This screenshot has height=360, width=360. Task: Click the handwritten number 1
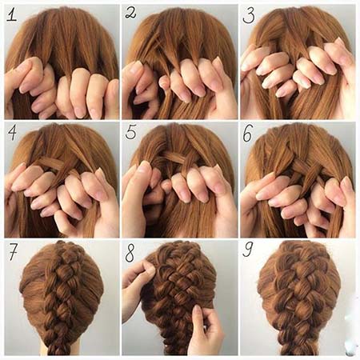[12, 14]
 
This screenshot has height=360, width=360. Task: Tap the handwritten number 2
[131, 13]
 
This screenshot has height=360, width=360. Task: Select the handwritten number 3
[249, 15]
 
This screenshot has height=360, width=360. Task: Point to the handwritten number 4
[12, 132]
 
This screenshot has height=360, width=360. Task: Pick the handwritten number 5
[130, 132]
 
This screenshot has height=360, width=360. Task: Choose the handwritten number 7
[14, 251]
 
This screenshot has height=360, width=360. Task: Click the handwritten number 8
[130, 253]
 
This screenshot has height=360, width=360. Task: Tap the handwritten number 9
[248, 250]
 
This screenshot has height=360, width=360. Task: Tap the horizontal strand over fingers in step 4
[50, 162]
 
